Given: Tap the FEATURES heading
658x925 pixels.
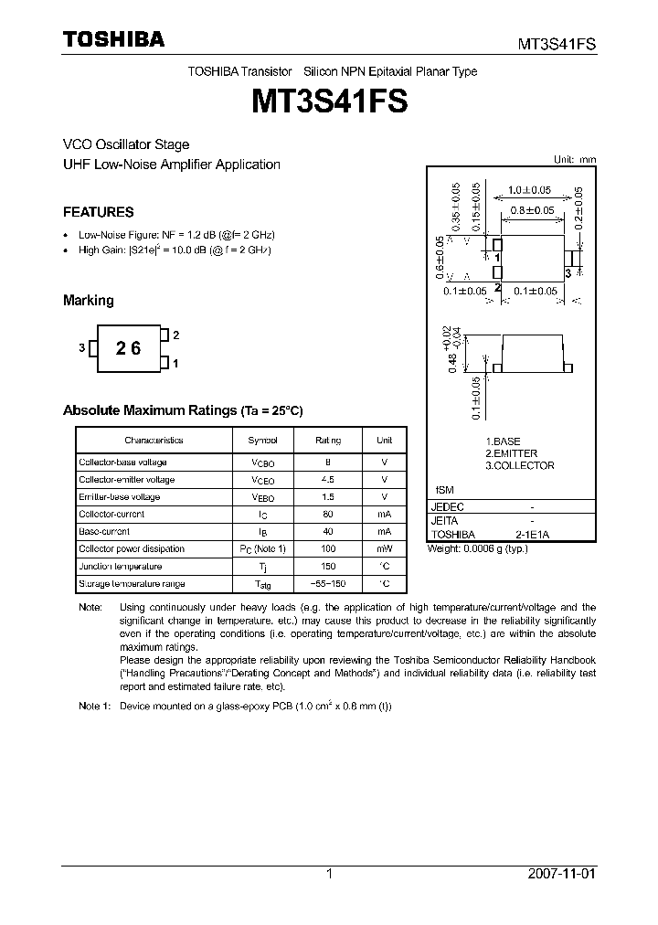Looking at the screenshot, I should click(98, 212).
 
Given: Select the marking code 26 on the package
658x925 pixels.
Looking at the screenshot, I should click(128, 348).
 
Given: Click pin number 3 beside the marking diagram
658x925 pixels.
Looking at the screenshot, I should click(81, 348).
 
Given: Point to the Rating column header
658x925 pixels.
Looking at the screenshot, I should click(327, 440).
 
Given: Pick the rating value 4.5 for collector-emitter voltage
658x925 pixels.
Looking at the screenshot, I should click(327, 479).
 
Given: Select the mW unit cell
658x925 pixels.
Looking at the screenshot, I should click(384, 548).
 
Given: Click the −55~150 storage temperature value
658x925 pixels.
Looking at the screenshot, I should click(327, 583).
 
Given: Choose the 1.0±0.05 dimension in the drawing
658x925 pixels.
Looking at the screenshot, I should click(530, 190).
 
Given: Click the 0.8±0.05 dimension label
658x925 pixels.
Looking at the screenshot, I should click(533, 210).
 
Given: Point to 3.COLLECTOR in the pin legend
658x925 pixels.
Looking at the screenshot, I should click(519, 465).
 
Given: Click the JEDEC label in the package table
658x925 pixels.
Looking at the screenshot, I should click(448, 506).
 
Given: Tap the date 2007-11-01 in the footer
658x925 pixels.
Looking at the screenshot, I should click(562, 874).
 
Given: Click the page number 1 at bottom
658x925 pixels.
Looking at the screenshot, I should click(329, 874).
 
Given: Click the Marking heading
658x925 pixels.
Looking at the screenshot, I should click(88, 300).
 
